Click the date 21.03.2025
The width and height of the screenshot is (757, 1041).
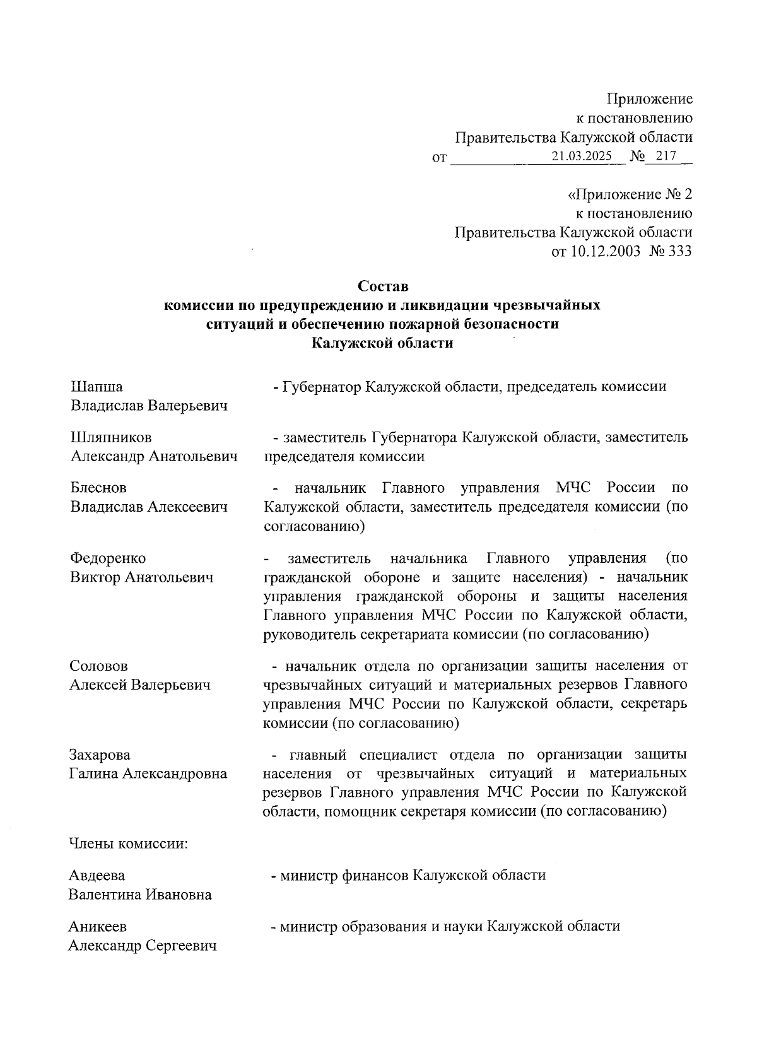click(581, 156)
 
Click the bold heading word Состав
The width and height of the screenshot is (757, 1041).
click(384, 286)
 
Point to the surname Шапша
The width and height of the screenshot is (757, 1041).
click(97, 387)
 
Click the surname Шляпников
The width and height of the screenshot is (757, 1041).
click(111, 437)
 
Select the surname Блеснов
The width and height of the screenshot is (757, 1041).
click(98, 488)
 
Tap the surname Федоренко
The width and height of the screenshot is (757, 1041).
click(108, 558)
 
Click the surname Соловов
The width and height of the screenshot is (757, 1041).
click(98, 666)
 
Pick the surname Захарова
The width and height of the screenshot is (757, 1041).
click(100, 755)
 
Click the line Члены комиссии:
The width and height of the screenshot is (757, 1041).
click(129, 844)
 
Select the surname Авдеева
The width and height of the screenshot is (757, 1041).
click(97, 876)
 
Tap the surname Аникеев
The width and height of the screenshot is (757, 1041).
click(98, 927)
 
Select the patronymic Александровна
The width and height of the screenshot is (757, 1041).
click(174, 773)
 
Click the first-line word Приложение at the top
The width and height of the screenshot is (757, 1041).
click(650, 99)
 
